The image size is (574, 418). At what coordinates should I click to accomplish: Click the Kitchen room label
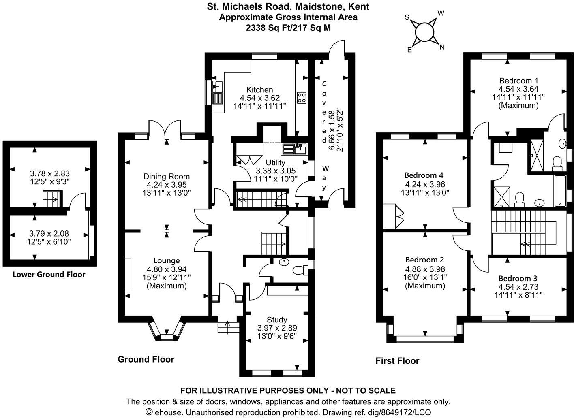[x=259, y=90]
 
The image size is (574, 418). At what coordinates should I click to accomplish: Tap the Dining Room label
[x=167, y=177]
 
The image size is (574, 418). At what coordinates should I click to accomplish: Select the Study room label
[x=277, y=320]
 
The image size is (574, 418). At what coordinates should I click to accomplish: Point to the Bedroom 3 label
[x=518, y=278]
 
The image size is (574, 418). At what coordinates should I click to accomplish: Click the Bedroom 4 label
[x=424, y=175]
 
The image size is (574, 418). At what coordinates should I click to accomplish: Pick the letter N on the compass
[x=442, y=47]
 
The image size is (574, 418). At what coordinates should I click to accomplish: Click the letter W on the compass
[x=441, y=13]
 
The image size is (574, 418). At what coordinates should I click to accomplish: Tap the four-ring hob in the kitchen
[x=301, y=98]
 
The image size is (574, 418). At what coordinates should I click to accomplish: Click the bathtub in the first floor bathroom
[x=560, y=191]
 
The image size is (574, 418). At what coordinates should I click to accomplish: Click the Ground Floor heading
[x=146, y=359]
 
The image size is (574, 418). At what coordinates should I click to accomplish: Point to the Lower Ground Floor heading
[x=49, y=274]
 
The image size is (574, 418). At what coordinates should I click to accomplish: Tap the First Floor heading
[x=397, y=360]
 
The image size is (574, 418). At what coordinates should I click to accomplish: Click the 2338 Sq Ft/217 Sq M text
[x=288, y=28]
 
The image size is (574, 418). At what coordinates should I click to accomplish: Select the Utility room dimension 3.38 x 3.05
[x=276, y=171]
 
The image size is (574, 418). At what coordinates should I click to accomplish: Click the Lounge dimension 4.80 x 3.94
[x=167, y=269]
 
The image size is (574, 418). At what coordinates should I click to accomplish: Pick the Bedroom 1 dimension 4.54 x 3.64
[x=518, y=89]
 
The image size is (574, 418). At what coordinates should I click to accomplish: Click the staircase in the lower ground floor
[x=52, y=199]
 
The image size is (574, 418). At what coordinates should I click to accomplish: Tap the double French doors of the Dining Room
[x=165, y=127]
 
